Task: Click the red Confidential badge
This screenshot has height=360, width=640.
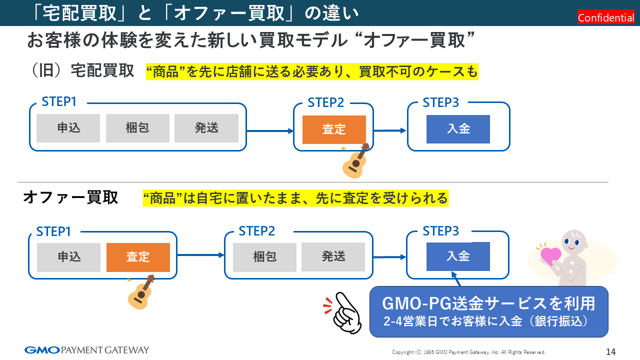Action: pos(606,18)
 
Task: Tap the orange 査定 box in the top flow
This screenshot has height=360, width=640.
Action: pos(334,129)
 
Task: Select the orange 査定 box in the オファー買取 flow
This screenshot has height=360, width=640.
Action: pos(138,257)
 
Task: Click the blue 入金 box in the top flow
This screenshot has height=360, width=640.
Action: pos(458,129)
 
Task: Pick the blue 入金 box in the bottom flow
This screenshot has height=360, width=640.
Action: pos(458,256)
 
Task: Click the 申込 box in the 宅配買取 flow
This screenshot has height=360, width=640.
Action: pos(68,128)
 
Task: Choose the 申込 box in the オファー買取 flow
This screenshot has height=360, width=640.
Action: pos(69,257)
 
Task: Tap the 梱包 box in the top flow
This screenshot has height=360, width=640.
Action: pos(137,128)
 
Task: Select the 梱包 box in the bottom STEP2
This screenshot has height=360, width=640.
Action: pos(265,257)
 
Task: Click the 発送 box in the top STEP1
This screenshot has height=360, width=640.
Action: pos(206,128)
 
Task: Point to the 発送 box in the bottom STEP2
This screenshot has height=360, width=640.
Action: pos(333,256)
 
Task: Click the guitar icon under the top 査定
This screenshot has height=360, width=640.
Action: pos(355,161)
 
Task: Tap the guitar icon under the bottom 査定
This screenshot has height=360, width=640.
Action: pos(140,292)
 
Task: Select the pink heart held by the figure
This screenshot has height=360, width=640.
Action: pos(551,255)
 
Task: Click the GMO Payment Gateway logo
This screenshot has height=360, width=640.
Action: pos(86,350)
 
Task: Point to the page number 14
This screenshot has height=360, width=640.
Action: pos(610,351)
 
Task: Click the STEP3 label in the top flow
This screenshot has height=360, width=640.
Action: pos(440,102)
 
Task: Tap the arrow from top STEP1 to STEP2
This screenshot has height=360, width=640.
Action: pos(270,131)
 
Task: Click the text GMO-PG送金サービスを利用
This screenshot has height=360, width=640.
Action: pos(488,303)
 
